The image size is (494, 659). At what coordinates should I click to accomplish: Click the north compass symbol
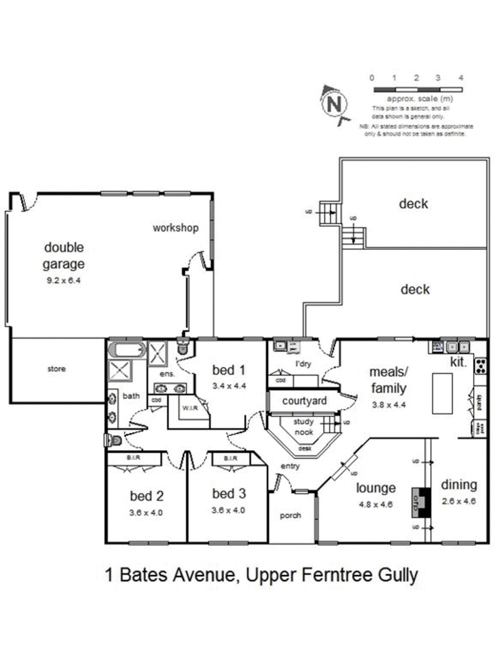pyautogui.click(x=334, y=103)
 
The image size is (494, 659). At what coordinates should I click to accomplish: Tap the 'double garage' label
pyautogui.click(x=64, y=256)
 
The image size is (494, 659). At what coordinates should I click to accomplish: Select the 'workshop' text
pyautogui.click(x=176, y=228)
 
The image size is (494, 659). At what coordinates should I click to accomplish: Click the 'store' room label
pyautogui.click(x=56, y=369)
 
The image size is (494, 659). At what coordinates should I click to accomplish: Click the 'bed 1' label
pyautogui.click(x=228, y=370)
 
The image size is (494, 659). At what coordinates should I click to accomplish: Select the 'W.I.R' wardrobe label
pyautogui.click(x=188, y=408)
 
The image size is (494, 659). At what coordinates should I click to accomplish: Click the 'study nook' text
pyautogui.click(x=303, y=427)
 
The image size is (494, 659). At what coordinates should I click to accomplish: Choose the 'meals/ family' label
pyautogui.click(x=387, y=380)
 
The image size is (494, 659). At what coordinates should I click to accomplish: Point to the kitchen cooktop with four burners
pyautogui.click(x=480, y=366)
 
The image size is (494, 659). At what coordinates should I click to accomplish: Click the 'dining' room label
pyautogui.click(x=458, y=484)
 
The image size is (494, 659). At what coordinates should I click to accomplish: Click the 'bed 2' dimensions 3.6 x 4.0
pyautogui.click(x=146, y=512)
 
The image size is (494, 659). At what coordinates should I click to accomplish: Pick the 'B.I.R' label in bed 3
pyautogui.click(x=230, y=458)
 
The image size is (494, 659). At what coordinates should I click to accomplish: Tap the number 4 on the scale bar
pyautogui.click(x=461, y=78)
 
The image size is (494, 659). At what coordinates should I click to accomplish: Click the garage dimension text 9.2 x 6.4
pyautogui.click(x=64, y=280)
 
